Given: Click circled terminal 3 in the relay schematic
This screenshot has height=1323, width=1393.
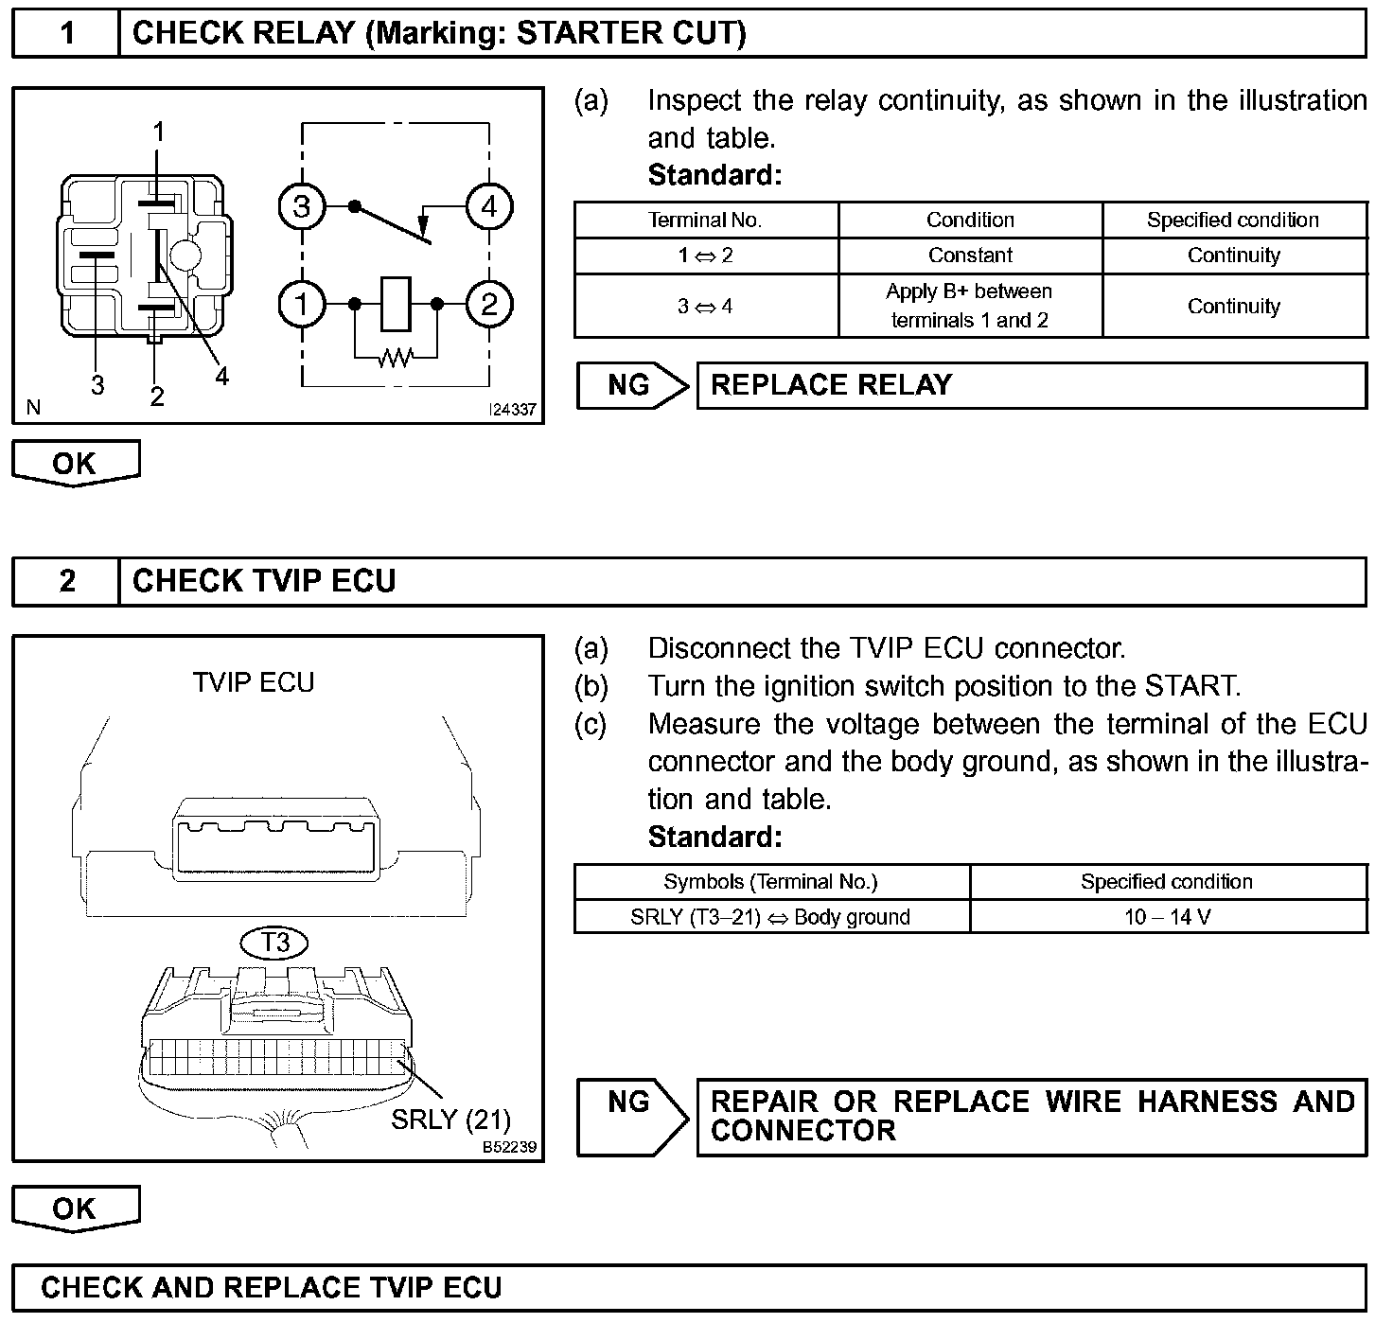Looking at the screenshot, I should (302, 206).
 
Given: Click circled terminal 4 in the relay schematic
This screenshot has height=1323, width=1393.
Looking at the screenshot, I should (488, 206).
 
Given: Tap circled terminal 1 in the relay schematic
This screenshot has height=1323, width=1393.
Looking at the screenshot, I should (302, 305).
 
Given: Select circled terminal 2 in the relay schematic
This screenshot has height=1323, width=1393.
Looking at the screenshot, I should (488, 305).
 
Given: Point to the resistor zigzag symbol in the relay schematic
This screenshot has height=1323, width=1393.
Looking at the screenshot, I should (396, 358).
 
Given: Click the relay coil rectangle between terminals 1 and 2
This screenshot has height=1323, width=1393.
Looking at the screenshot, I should (396, 305).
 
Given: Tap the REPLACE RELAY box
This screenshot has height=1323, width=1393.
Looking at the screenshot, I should (1032, 385).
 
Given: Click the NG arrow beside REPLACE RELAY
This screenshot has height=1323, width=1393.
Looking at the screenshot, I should (631, 385).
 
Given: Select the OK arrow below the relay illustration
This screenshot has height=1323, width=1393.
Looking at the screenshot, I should (75, 464).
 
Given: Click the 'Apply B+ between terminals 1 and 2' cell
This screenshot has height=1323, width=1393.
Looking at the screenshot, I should (970, 306).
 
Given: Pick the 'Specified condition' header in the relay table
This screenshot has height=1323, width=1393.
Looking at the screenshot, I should (1233, 220).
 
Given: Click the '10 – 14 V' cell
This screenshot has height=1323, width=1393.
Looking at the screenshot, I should (1168, 917).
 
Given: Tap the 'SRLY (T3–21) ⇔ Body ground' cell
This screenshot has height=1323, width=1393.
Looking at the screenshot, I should (770, 917).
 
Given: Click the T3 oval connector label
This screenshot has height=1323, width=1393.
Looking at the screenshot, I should (275, 943).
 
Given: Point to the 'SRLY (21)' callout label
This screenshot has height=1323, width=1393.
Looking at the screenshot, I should (450, 1120).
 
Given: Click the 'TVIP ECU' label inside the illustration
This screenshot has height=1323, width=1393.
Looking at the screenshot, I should (254, 682).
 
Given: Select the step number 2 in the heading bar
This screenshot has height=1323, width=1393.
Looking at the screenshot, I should (66, 581).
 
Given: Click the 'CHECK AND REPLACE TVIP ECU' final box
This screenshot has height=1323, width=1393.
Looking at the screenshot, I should (689, 1288).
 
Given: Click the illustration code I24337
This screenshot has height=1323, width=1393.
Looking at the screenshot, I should (511, 410).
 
